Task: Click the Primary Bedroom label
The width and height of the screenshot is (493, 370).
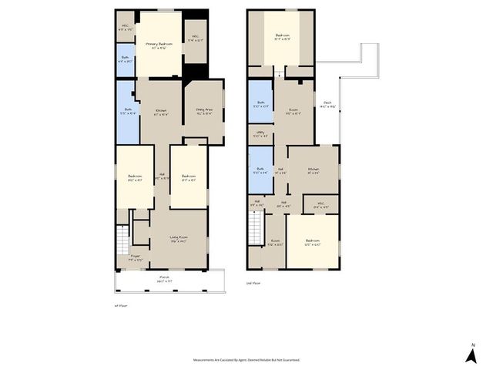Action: [x=159, y=46]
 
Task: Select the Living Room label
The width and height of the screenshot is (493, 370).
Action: [x=179, y=240]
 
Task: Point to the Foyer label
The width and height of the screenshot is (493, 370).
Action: [x=136, y=257]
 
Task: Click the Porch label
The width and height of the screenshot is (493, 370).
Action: [x=164, y=279]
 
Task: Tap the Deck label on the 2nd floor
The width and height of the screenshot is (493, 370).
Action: [x=327, y=106]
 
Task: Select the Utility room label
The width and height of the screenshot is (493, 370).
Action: [x=260, y=136]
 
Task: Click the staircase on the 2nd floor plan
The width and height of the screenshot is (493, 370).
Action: [x=255, y=228]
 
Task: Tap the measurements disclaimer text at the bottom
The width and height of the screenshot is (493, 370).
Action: [x=246, y=359]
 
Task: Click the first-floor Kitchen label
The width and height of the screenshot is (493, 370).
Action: [x=161, y=113]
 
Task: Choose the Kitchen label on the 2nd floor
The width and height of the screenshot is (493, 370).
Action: [x=314, y=171]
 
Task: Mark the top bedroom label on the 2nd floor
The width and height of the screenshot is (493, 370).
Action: [x=283, y=37]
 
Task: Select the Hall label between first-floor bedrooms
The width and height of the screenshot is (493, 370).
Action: [x=162, y=176]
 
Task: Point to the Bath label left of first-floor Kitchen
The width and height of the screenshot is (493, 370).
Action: [x=127, y=111]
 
